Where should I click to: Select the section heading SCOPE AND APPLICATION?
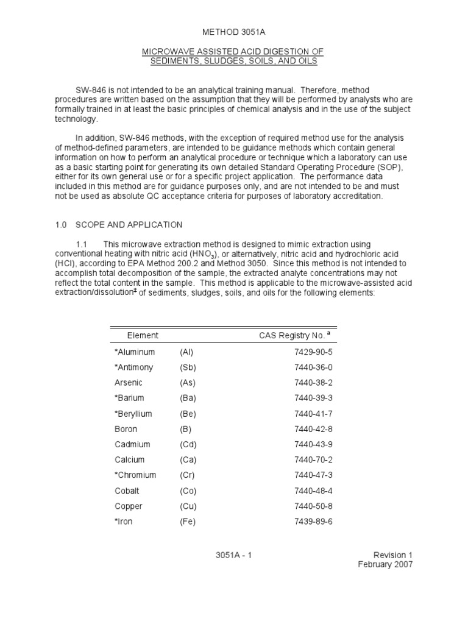pos(129,225)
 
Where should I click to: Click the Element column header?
pos(143,335)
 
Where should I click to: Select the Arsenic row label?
pos(129,383)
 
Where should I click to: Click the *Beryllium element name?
pos(133,414)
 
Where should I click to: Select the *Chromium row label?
pos(135,475)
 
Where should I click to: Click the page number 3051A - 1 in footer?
pos(233,555)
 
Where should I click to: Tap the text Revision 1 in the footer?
pos(393,555)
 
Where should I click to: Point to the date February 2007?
pos(385,565)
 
